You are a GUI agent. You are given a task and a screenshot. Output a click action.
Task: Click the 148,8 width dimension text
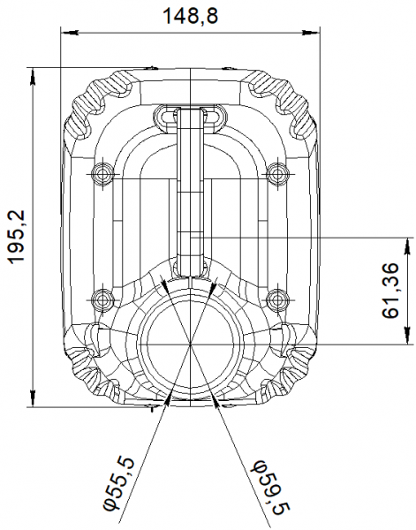[192, 15]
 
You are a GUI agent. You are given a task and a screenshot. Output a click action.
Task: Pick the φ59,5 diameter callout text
[265, 482]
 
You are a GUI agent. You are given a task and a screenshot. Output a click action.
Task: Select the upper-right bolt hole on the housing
[277, 170]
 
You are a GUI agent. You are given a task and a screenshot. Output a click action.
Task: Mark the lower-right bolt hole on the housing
[277, 299]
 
